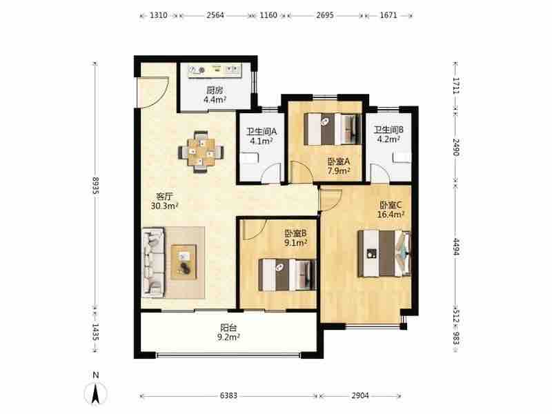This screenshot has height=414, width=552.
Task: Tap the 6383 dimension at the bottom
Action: click(x=228, y=395)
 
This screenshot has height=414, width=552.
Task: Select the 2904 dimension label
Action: click(x=359, y=395)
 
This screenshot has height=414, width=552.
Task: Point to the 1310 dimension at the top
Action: click(x=159, y=15)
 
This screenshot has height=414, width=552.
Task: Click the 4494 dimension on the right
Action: click(x=456, y=247)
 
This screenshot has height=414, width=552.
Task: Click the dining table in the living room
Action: click(x=201, y=152)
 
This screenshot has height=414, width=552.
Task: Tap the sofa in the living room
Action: click(x=153, y=262)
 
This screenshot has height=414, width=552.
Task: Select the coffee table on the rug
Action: click(x=184, y=262)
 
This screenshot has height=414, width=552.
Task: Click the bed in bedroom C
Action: click(x=384, y=253)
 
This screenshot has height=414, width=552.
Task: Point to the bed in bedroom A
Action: click(x=333, y=129)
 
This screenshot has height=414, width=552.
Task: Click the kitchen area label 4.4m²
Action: click(x=215, y=99)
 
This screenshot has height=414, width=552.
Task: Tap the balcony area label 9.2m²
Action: click(x=228, y=337)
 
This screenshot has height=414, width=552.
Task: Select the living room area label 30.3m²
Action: click(x=164, y=206)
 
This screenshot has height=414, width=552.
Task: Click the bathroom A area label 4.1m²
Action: click(x=262, y=141)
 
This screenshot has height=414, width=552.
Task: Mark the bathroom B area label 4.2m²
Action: click(x=388, y=139)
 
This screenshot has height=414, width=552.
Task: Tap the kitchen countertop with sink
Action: click(x=215, y=70)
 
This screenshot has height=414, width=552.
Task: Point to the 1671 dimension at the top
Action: click(x=388, y=15)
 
